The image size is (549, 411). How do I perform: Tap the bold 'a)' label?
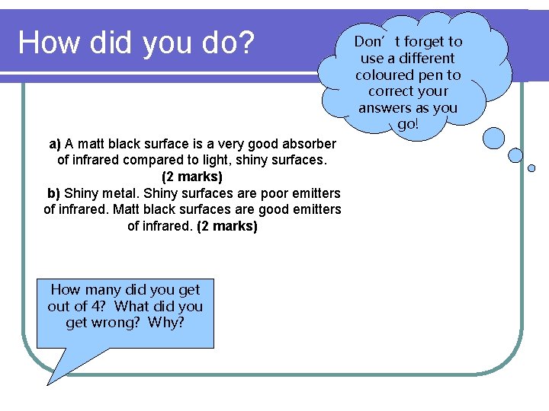point(55,144)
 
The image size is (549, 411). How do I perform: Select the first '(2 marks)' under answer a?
point(192,177)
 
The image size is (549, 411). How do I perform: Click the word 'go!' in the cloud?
point(408,124)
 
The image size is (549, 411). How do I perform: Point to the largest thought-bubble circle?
point(493,138)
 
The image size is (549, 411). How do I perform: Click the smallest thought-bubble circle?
point(531,168)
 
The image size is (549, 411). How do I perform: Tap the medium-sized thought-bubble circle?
point(515,155)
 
